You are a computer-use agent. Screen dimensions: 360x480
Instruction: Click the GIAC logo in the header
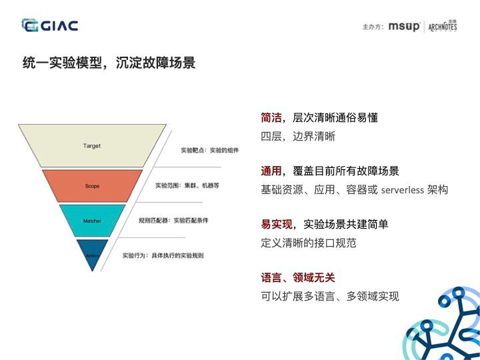click(50, 26)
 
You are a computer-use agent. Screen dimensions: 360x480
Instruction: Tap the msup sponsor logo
click(405, 27)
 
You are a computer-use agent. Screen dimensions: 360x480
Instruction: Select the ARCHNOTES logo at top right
click(443, 27)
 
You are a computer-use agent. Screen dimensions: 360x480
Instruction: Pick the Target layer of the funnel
click(92, 145)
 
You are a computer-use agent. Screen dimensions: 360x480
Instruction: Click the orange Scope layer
click(92, 185)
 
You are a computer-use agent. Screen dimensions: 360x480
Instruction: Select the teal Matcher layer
click(92, 221)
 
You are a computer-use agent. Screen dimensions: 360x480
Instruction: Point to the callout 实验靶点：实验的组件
click(209, 151)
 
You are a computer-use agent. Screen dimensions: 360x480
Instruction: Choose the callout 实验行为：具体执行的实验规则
click(163, 255)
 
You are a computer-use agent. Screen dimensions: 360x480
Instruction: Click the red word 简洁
click(271, 118)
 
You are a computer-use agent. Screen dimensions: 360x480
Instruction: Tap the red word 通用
click(271, 171)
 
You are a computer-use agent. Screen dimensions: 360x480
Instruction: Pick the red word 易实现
click(277, 225)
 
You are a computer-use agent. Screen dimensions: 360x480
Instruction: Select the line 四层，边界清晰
click(298, 137)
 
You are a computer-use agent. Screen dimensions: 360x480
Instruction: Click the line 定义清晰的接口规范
click(309, 243)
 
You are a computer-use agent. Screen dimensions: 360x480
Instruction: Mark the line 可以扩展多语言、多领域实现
click(330, 297)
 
